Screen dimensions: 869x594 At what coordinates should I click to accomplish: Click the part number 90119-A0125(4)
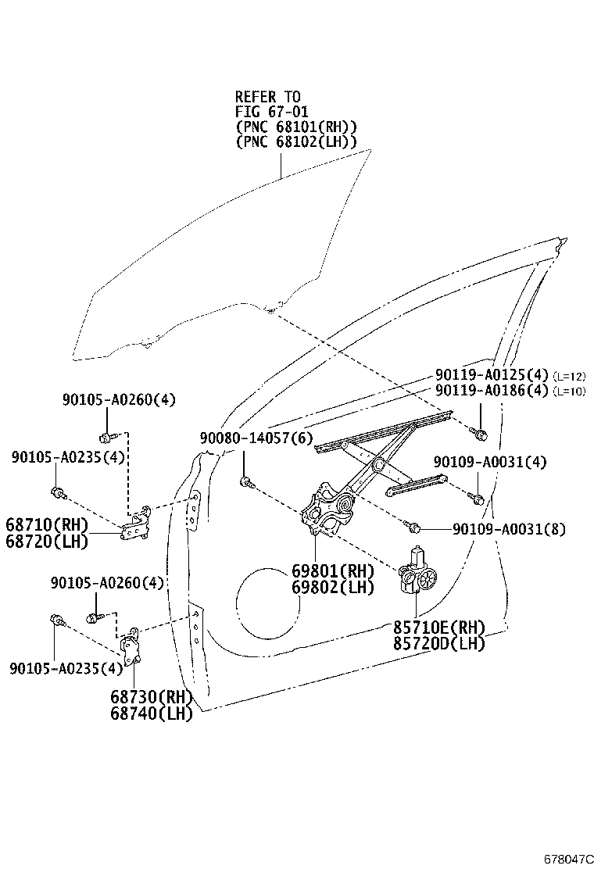492,374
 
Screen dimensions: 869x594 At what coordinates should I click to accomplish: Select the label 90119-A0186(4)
492,390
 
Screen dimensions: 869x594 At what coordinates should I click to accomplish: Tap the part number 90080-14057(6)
256,439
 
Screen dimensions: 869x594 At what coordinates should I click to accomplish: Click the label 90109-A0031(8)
509,529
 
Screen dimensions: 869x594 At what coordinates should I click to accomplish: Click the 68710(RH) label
46,524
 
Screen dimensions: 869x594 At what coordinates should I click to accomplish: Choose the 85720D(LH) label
438,643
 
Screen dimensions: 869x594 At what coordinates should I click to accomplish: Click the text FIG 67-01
271,112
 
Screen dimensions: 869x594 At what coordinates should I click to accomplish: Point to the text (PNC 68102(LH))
295,141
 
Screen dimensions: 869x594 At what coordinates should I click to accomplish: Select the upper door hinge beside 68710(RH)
138,522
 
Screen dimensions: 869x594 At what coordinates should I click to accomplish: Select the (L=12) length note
570,375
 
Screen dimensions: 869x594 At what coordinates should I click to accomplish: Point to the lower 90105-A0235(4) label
66,667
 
